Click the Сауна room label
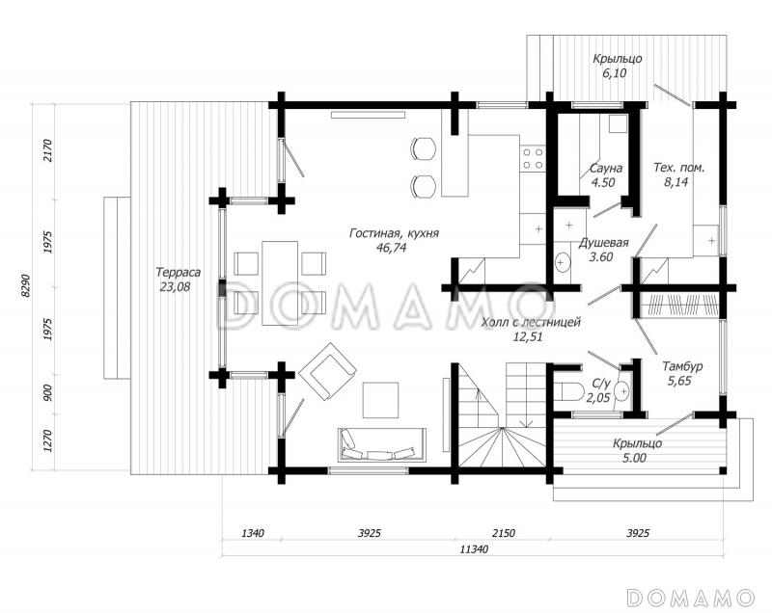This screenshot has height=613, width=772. click(606, 168)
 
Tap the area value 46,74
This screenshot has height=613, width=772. click(392, 248)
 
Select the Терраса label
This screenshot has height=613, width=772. click(178, 272)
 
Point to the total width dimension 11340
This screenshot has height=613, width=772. click(474, 549)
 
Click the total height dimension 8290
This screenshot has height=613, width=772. click(26, 285)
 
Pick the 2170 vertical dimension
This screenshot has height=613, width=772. click(47, 151)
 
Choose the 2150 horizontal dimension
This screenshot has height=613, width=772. click(503, 533)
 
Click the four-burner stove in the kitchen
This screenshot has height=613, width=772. click(534, 158)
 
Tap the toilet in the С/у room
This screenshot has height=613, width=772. click(571, 391)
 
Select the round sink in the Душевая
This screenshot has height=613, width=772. click(562, 262)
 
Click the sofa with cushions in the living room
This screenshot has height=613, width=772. click(381, 445)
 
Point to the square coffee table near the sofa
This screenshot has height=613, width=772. click(380, 400)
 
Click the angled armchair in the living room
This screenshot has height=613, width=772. click(327, 372)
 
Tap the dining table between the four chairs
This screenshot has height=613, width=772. click(280, 283)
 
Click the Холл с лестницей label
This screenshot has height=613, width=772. click(532, 323)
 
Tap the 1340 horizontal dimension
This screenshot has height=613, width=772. click(253, 533)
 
